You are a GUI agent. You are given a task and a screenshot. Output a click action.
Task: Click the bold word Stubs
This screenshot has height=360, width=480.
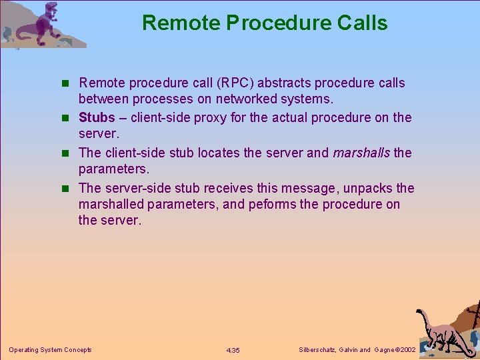tap(97, 118)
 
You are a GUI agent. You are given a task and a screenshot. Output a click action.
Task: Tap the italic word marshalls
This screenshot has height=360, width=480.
tap(362, 153)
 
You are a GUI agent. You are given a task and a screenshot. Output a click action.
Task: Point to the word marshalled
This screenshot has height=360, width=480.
tap(111, 205)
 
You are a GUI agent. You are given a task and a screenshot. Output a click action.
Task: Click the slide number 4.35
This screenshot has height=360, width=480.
tap(233, 350)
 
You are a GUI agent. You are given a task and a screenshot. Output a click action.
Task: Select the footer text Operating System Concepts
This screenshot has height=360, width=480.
tap(50, 350)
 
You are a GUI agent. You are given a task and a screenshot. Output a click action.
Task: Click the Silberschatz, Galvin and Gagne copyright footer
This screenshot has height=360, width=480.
tap(357, 350)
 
